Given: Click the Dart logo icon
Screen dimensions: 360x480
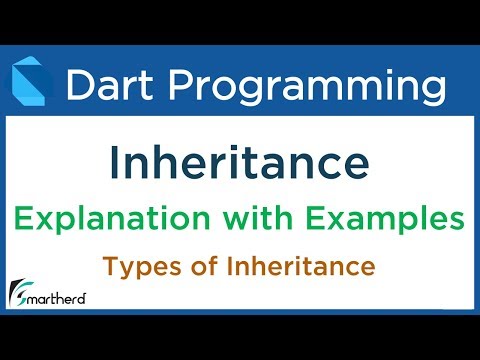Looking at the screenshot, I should click(31, 83).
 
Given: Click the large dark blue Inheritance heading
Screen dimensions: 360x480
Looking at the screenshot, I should click(239, 160).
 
